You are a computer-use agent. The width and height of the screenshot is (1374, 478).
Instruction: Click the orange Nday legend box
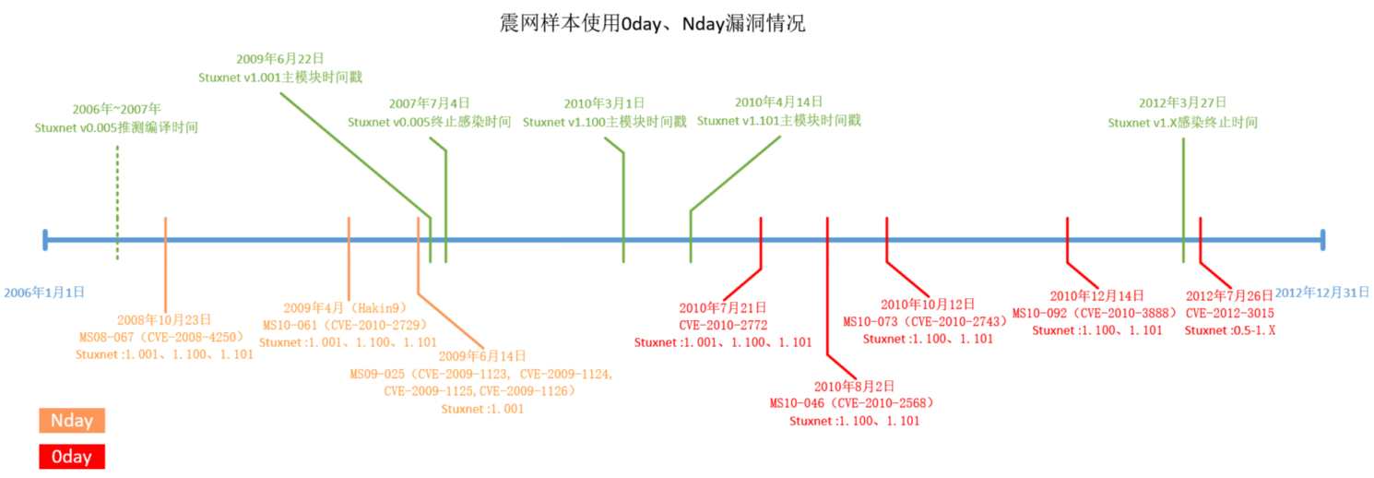click(x=72, y=421)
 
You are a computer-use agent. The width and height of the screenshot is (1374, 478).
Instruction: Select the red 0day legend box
click(x=72, y=457)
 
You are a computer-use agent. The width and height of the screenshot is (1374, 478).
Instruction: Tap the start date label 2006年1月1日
click(x=44, y=292)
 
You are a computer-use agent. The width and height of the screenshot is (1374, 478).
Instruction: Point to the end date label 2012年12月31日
click(x=1322, y=293)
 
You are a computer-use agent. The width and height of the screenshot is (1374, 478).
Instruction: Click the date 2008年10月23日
click(x=164, y=319)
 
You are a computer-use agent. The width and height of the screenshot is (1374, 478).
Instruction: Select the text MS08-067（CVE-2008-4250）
click(x=164, y=336)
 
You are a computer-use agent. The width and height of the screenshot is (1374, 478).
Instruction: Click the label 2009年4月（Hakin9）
click(x=348, y=308)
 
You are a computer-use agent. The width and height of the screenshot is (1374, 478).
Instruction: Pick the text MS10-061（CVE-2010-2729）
click(x=348, y=325)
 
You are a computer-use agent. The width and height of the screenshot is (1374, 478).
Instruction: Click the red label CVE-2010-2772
click(x=723, y=325)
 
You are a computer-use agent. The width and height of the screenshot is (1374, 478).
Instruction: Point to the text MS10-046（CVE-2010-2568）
click(x=853, y=403)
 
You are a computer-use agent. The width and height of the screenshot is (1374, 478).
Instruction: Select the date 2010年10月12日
click(x=927, y=305)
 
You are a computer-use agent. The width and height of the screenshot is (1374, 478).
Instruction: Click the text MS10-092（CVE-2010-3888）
click(x=1096, y=313)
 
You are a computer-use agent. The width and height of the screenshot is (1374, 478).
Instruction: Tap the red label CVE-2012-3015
click(x=1229, y=313)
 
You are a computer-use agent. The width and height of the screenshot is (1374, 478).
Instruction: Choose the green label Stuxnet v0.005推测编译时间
click(x=116, y=127)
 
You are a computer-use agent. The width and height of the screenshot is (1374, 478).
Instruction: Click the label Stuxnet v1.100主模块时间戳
click(x=604, y=122)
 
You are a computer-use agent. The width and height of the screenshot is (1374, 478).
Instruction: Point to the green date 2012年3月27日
click(x=1182, y=103)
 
